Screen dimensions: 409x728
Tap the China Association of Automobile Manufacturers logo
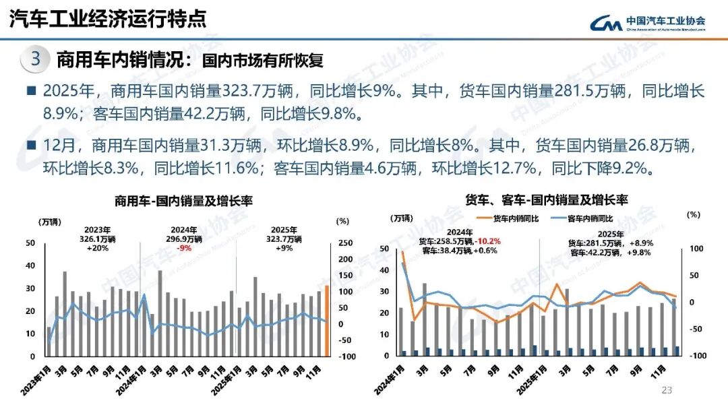648,22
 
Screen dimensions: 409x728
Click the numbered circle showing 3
36,59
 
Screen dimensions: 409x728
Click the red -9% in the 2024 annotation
183,247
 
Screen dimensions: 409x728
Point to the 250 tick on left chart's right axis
344,243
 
